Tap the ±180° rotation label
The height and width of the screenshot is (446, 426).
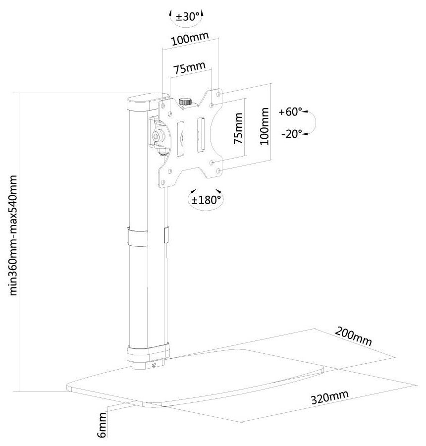[x=206, y=200]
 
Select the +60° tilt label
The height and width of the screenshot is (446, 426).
[x=290, y=111]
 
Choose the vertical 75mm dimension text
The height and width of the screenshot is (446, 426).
[x=238, y=128]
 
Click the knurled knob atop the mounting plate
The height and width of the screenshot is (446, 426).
[x=186, y=101]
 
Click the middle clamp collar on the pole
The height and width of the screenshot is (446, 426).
[x=138, y=236]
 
